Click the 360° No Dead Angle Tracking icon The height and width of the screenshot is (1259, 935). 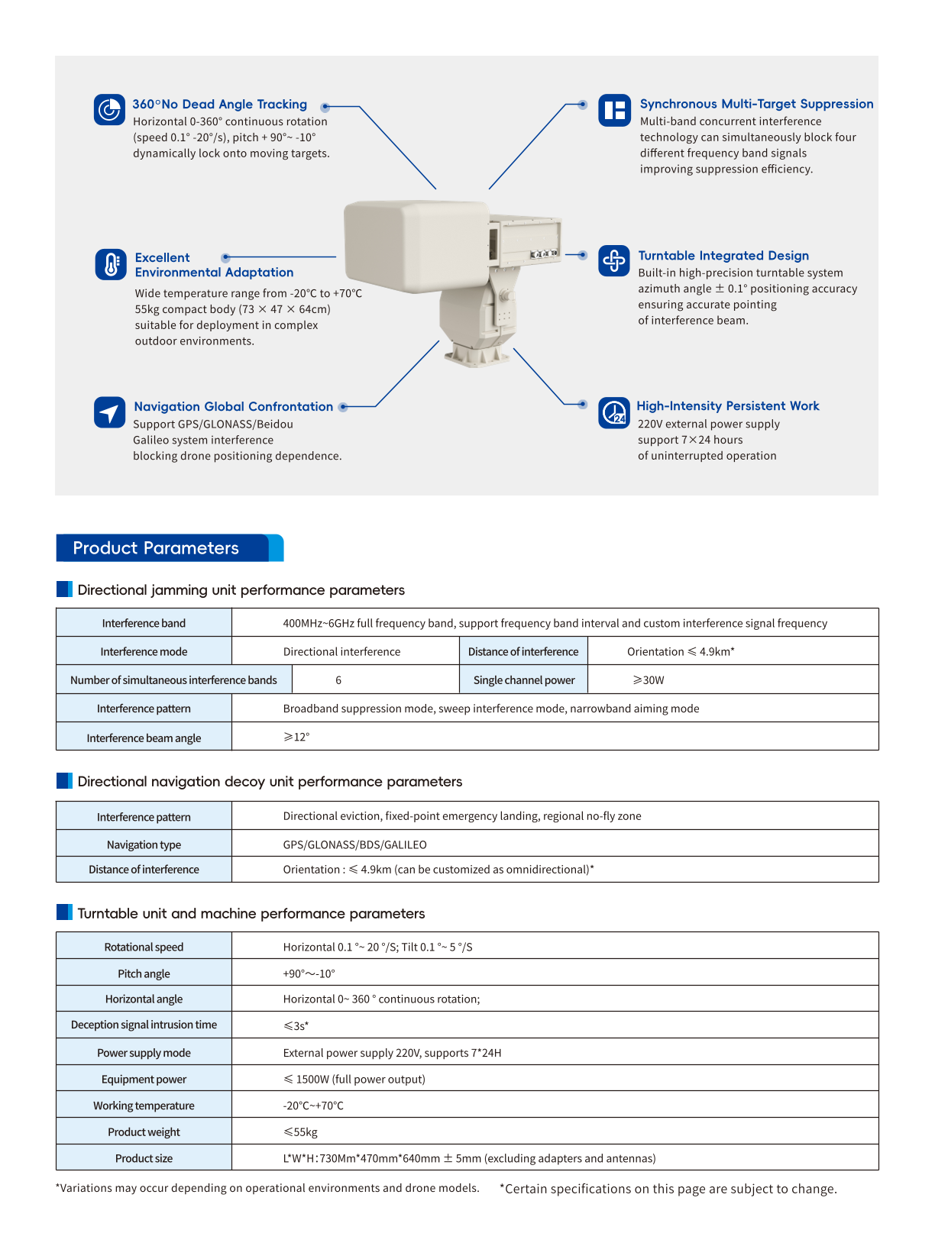coord(109,109)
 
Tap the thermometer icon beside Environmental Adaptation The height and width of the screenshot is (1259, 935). coord(111,264)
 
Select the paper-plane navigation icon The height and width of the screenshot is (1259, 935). coord(109,412)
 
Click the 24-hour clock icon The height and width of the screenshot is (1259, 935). coord(613,413)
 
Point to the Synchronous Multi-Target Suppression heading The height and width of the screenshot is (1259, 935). coord(756,104)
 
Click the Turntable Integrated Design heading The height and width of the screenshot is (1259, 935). coord(723,256)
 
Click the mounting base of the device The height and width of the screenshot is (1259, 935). coord(477,354)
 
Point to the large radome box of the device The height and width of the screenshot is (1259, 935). coord(416,240)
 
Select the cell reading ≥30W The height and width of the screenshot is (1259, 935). coord(649,680)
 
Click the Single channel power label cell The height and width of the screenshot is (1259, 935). coord(524,680)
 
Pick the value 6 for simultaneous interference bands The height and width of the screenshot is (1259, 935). coord(338,680)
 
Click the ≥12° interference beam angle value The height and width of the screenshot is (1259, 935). coord(296,737)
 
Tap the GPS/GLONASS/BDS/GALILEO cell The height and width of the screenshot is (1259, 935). coord(354,844)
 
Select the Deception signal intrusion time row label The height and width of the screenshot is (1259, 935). coord(144,1025)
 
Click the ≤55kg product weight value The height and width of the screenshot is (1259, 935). coord(300,1132)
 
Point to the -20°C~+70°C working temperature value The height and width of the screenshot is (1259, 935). coord(313,1106)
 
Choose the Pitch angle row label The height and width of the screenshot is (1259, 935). coord(144,973)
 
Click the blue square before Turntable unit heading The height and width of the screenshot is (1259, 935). coord(64,912)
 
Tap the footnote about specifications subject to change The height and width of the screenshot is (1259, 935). coord(668,1189)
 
